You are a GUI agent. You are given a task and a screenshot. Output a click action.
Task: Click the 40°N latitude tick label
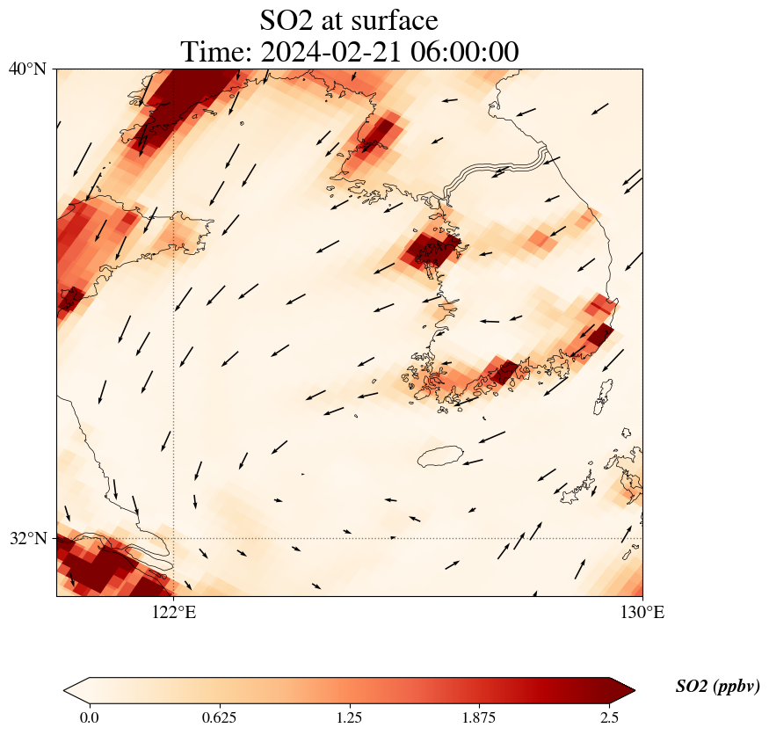pyautogui.click(x=27, y=69)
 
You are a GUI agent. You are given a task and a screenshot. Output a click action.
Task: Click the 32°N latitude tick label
pyautogui.click(x=27, y=538)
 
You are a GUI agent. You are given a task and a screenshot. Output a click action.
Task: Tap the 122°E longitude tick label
pyautogui.click(x=174, y=613)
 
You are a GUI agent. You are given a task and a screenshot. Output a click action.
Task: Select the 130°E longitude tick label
pyautogui.click(x=642, y=613)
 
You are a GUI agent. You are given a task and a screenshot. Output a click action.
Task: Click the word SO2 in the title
pyautogui.click(x=284, y=20)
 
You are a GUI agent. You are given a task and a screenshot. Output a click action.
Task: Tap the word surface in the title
pyautogui.click(x=395, y=20)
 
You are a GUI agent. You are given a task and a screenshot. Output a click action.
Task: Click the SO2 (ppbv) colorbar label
pyautogui.click(x=717, y=687)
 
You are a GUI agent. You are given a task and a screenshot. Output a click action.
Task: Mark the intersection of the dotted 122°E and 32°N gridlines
pyautogui.click(x=174, y=538)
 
